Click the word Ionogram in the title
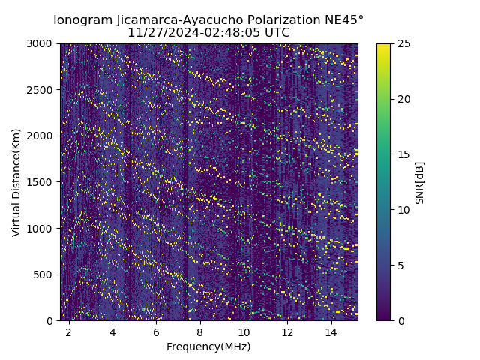pyautogui.click(x=82, y=20)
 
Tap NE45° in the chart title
pyautogui.click(x=346, y=20)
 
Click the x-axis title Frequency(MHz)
pyautogui.click(x=208, y=346)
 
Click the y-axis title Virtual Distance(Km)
pyautogui.click(x=16, y=182)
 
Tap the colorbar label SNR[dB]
pyautogui.click(x=420, y=182)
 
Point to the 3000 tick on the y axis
pyautogui.click(x=42, y=43)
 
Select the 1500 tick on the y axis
pyautogui.click(x=42, y=182)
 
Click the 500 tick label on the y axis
pyautogui.click(x=45, y=274)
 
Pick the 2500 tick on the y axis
pyautogui.click(x=42, y=90)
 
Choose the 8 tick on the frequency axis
pyautogui.click(x=200, y=331)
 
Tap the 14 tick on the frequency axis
pyautogui.click(x=331, y=331)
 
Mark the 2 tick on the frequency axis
pyautogui.click(x=69, y=331)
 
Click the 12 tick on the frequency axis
pyautogui.click(x=287, y=331)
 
